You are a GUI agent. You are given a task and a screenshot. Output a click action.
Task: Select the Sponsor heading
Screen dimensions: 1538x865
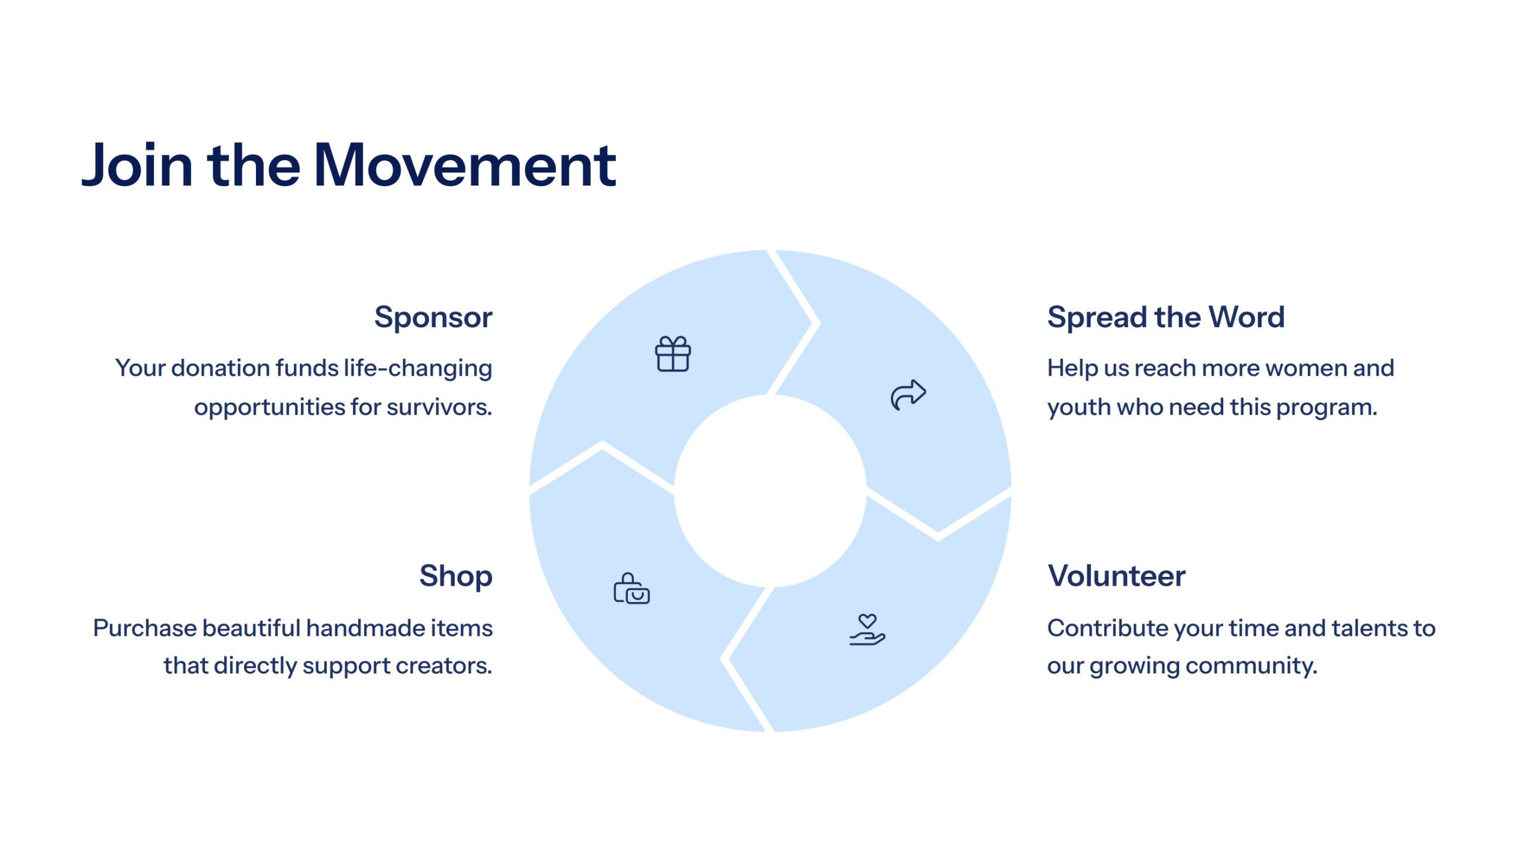[x=433, y=318]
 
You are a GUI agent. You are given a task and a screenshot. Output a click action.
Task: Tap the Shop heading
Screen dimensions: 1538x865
[x=456, y=576]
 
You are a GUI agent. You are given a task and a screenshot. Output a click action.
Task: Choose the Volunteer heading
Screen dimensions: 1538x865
[x=1116, y=576]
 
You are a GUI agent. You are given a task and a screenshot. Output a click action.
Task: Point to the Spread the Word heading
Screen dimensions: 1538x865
[x=1166, y=317]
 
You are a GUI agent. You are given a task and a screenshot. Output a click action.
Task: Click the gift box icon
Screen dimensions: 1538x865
[x=673, y=354]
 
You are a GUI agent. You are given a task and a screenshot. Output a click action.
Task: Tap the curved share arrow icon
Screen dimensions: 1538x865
[x=908, y=395]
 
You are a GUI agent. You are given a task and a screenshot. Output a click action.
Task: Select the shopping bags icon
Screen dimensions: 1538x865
[x=631, y=588]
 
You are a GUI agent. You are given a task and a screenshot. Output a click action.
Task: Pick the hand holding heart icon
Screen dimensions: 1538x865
[x=867, y=630]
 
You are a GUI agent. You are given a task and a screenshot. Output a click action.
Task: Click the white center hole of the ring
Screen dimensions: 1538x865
[x=770, y=491]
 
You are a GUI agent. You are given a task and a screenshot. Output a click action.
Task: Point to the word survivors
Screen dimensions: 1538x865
[x=439, y=408]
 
